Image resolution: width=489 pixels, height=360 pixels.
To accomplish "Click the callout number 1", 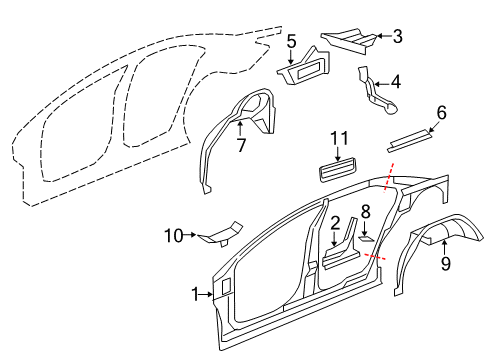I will [196, 294].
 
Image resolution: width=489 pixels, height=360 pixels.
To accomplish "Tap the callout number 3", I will [397, 37].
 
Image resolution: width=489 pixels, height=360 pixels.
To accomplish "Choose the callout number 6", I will [441, 114].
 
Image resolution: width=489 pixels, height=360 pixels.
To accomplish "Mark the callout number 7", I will [241, 145].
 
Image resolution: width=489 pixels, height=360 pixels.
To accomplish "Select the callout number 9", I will [446, 264].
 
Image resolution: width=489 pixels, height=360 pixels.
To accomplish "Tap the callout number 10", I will [173, 235].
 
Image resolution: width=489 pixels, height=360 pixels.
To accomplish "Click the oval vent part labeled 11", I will [337, 171].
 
